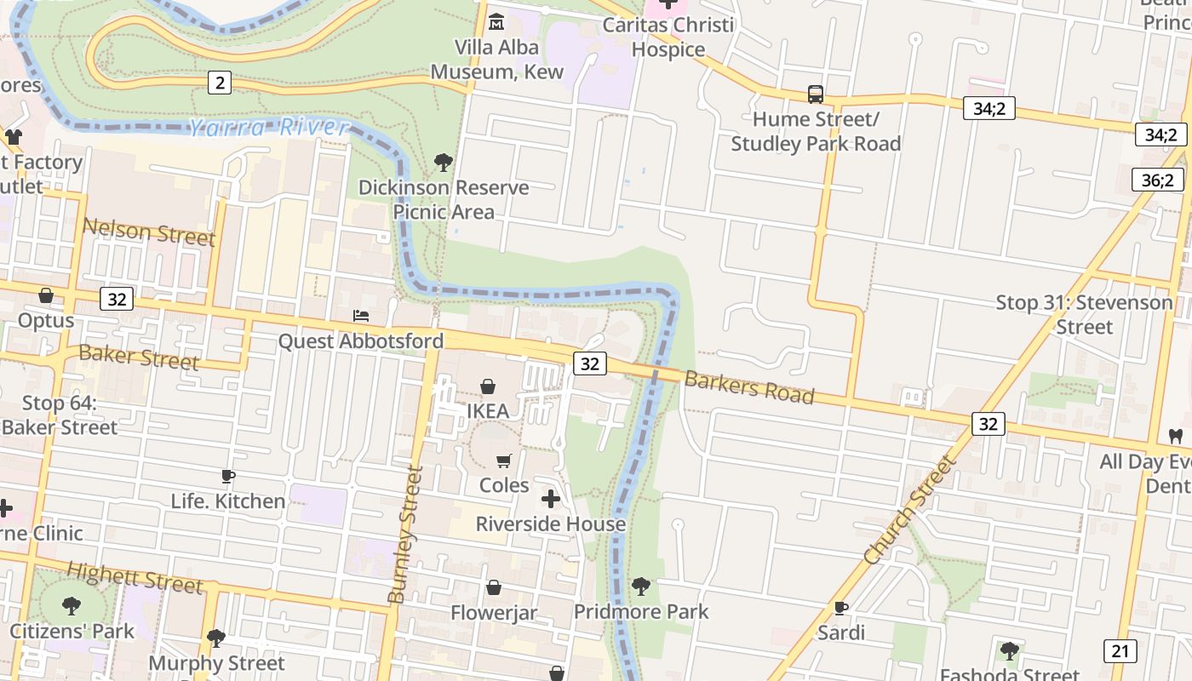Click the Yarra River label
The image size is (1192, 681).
[x=268, y=129]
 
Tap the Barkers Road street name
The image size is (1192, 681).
[x=749, y=387]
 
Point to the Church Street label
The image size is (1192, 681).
[x=910, y=510]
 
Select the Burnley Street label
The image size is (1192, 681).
[x=405, y=534]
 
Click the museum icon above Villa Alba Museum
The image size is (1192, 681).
[x=496, y=20]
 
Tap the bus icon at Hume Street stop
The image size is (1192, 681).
[x=815, y=94]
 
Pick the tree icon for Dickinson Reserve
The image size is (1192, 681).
[x=443, y=162]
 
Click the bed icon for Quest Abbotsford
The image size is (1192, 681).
[x=361, y=316]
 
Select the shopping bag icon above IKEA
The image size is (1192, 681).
[x=488, y=386]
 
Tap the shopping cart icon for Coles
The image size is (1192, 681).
[x=503, y=461]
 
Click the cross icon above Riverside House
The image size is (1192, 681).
[x=551, y=498]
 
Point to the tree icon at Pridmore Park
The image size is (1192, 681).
[x=641, y=586]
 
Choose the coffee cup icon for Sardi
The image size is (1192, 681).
[x=840, y=608]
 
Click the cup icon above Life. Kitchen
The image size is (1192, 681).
[x=227, y=476]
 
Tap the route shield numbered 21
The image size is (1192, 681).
[x=1120, y=651]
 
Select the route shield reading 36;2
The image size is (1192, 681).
[x=1157, y=180]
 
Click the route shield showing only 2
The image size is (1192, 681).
[x=220, y=83]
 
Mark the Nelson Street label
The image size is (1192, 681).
[x=149, y=232]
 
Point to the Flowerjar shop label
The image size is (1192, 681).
[x=494, y=613]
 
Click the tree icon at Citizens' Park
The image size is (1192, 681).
[x=72, y=606]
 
